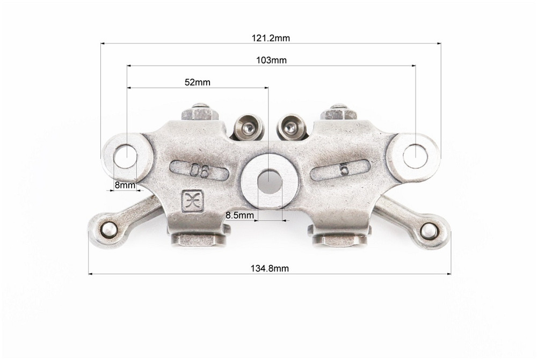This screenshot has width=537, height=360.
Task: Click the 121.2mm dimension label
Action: tap(271, 38)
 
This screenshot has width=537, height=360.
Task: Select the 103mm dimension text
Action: tap(271, 60)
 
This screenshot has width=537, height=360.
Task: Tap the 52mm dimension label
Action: tap(197, 83)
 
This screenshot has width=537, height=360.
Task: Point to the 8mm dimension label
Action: tap(125, 186)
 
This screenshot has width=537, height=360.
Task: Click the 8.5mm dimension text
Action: tap(240, 215)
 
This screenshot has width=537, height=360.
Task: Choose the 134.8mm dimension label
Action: tap(270, 268)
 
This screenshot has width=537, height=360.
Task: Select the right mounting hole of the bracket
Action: tap(416, 156)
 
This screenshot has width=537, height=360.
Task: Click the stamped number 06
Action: tap(200, 171)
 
